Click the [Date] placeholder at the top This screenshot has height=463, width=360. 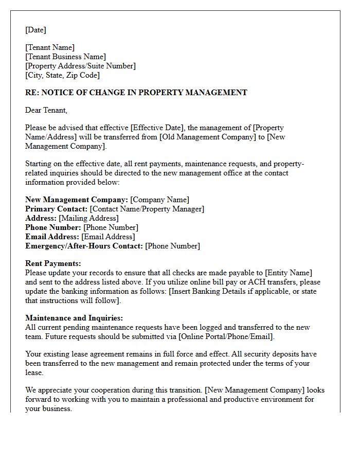coord(35,30)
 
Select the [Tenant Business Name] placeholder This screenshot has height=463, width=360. coord(65,57)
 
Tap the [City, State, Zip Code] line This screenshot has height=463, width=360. coord(62,75)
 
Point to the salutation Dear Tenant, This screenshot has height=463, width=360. coord(46,110)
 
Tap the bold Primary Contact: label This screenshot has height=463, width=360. coord(56,209)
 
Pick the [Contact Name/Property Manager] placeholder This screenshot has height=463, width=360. coord(147,209)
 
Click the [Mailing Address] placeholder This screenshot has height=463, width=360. coord(89,218)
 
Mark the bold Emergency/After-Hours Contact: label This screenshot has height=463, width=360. coord(84,246)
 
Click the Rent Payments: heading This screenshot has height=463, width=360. coord(53,263)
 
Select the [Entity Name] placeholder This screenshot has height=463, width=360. coord(289,273)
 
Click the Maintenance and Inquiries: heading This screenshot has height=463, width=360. coord(74,318)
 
